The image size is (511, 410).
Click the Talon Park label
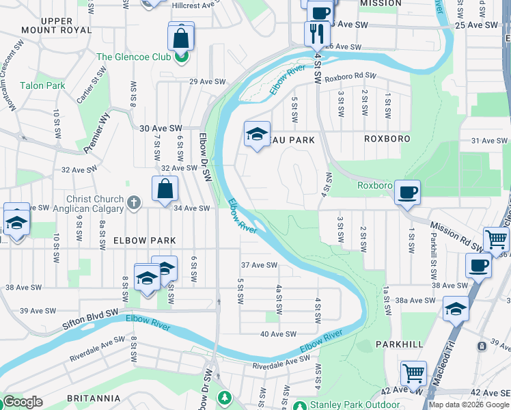pos(42,85)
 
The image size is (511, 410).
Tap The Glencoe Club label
pos(133,57)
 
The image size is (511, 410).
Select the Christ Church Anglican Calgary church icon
pos(134,202)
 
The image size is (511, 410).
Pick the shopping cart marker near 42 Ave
pos(413,373)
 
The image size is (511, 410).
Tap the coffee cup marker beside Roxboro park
pos(407,193)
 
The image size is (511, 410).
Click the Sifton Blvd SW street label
pos(80,316)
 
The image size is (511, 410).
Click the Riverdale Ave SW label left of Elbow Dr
pos(97,348)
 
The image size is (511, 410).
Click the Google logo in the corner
pos(23,402)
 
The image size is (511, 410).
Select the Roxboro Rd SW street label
pos(350,76)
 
